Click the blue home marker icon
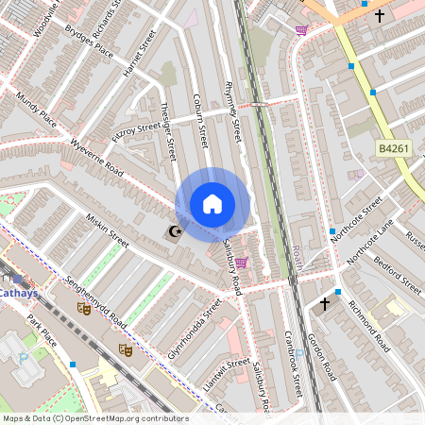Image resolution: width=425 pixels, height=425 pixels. click(212, 204)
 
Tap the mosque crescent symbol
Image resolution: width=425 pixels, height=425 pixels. click(173, 231)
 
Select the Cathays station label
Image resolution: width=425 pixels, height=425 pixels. click(18, 294)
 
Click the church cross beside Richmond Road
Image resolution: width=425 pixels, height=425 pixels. click(326, 304)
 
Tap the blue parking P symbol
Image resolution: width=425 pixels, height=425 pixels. click(23, 358)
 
